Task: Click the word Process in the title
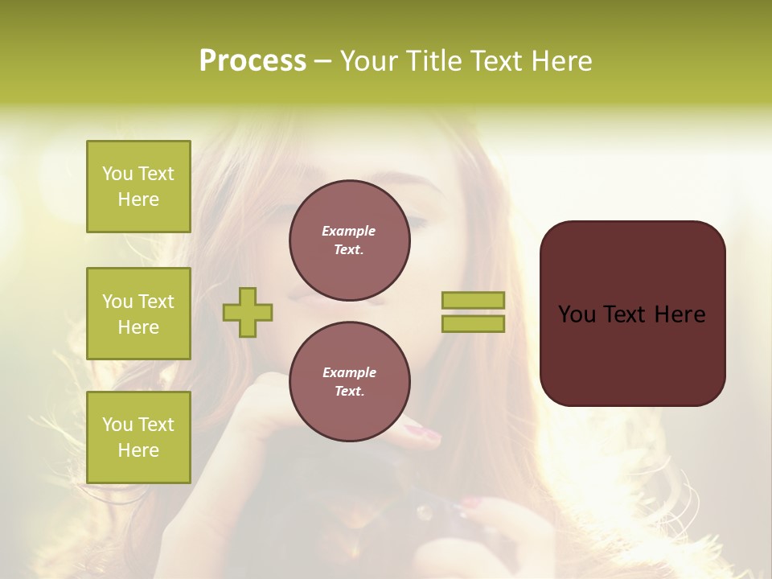point(253,61)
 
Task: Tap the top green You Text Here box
point(138,187)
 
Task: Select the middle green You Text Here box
point(138,314)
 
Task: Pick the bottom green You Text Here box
point(138,437)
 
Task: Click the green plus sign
point(248,313)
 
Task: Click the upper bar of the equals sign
point(473,300)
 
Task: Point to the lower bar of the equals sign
point(473,324)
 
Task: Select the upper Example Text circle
point(349,240)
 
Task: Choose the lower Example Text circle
point(349,381)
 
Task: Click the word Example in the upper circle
point(349,231)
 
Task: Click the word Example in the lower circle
point(349,372)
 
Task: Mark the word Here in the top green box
point(138,199)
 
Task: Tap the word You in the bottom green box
point(117,425)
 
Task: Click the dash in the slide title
point(322,61)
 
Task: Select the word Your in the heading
point(370,61)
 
